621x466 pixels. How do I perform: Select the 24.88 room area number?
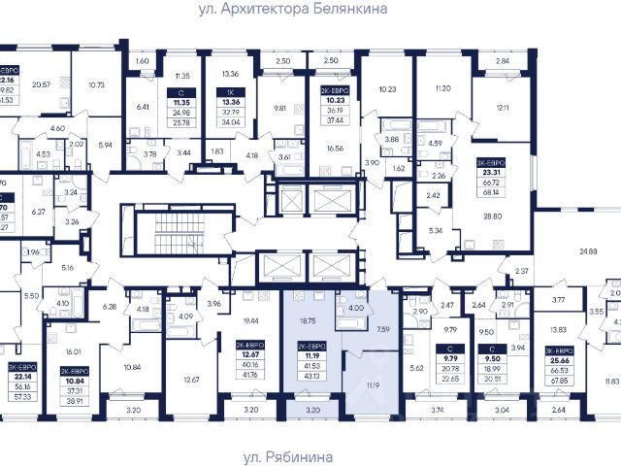(588, 252)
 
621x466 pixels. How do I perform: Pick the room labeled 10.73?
(96, 85)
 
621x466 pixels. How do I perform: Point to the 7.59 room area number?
(382, 329)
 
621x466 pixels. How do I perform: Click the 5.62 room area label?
(416, 368)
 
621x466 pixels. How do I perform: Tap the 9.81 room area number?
(281, 109)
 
